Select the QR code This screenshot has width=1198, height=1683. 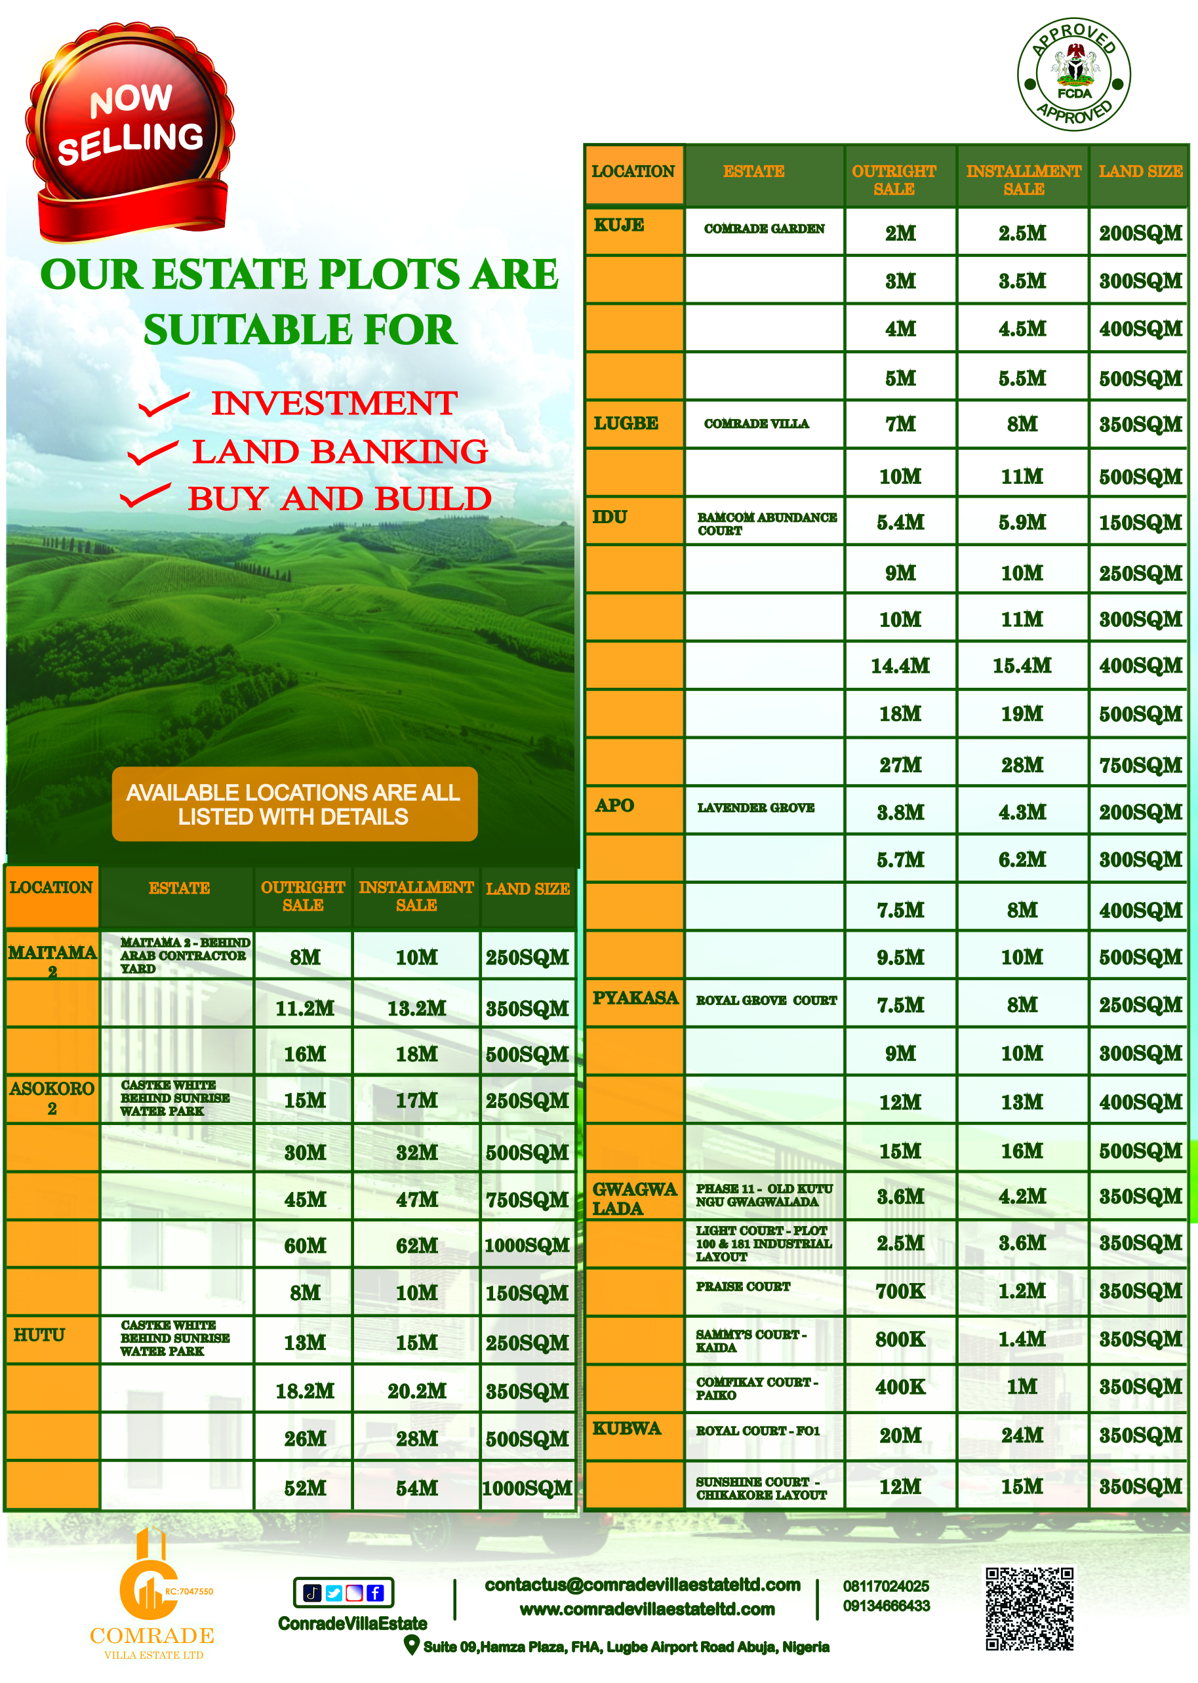(x=1029, y=1608)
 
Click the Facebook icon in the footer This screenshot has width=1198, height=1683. (x=375, y=1593)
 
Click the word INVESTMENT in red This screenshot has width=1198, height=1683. (x=334, y=403)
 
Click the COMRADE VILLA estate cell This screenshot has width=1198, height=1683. (x=756, y=424)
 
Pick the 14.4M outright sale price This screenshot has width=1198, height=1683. (x=900, y=666)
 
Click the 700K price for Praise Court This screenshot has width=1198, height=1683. (x=900, y=1291)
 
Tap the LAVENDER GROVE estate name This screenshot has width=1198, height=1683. (x=756, y=808)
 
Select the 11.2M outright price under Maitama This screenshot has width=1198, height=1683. (x=305, y=1008)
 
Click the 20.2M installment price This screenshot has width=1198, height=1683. (x=417, y=1391)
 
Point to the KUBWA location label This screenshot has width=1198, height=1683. (x=627, y=1429)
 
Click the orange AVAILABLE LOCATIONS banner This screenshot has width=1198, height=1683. (x=294, y=804)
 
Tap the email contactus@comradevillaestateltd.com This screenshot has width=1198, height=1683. (x=642, y=1585)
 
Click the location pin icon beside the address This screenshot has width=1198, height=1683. (x=412, y=1645)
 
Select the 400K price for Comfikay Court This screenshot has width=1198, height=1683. (x=900, y=1387)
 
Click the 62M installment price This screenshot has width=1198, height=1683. (x=417, y=1246)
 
